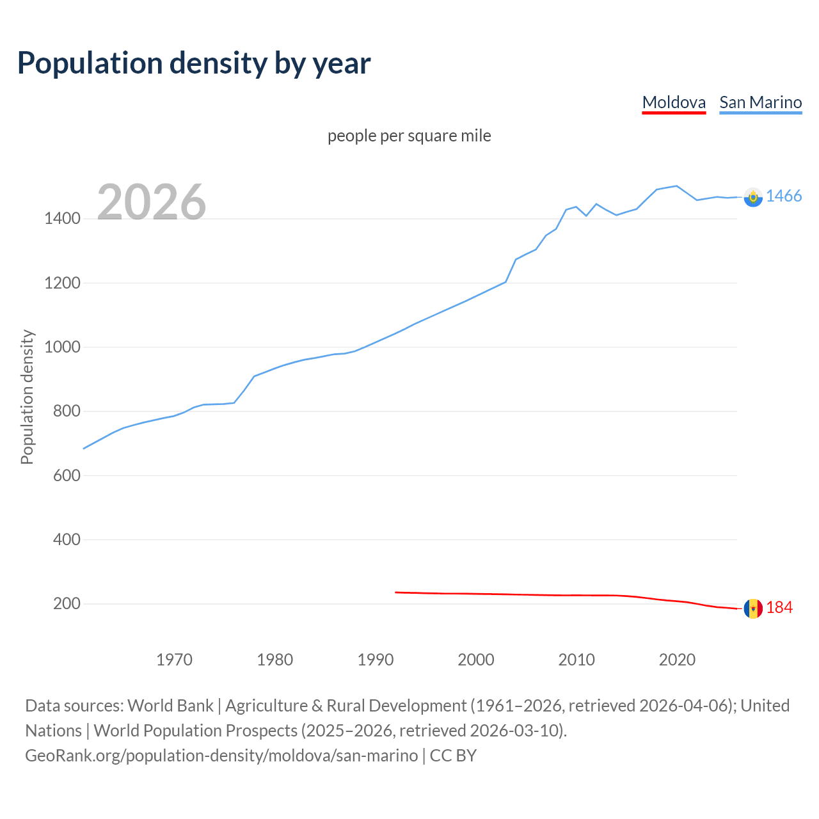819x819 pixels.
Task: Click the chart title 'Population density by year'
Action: pos(194,63)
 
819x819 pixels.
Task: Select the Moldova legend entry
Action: pos(674,102)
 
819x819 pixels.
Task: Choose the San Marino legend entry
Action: pos(760,102)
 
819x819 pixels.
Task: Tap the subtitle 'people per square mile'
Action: pos(409,136)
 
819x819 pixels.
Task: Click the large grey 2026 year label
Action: pos(152,202)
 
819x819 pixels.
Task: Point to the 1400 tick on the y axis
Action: pos(62,219)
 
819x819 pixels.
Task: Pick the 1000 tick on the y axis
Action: pos(62,347)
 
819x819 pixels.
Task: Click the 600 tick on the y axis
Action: pos(67,475)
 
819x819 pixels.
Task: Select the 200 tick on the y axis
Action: pos(67,603)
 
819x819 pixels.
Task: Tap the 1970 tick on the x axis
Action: pos(174,660)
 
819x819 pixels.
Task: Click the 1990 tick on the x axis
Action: pos(376,660)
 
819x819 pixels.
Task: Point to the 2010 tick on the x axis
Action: pos(576,660)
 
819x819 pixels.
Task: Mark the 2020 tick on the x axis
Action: pos(677,660)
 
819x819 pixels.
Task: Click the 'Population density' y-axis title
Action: pos(27,397)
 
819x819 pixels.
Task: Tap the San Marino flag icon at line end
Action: pos(753,197)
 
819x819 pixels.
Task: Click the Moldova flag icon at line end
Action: pos(753,608)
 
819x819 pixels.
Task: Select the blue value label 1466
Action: pos(784,196)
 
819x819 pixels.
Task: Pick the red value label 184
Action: pos(779,608)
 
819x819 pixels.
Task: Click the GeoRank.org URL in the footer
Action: pos(221,756)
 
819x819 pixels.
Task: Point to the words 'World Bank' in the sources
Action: pos(170,706)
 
